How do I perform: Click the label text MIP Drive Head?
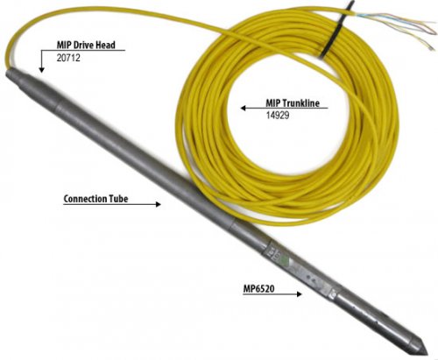point(86,45)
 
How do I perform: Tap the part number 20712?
point(68,58)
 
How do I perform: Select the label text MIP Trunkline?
point(293,102)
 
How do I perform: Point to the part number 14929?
point(278,115)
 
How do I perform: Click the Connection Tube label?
point(95,199)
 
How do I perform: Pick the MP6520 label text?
point(258,289)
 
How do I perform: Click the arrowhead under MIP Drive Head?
point(41,70)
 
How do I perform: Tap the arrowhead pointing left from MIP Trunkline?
point(243,108)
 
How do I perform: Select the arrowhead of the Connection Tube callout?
point(158,204)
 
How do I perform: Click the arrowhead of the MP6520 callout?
point(299,293)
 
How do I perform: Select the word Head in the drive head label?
point(105,45)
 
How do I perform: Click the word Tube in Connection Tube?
point(118,199)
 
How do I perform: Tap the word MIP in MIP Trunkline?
point(273,102)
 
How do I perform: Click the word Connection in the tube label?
point(85,199)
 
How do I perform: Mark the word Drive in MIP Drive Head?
point(82,45)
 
